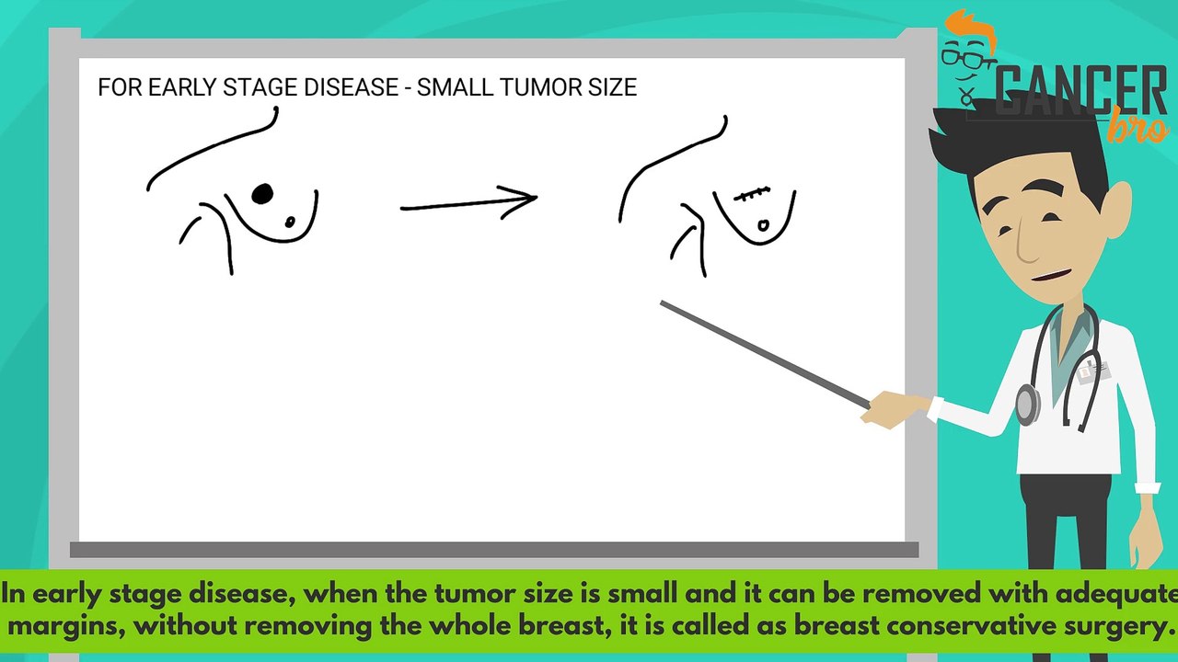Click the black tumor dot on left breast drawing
coord(262,194)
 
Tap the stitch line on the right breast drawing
coord(752,194)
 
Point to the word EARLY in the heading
coord(179,87)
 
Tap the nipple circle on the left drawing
coord(291,222)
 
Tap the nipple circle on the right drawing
coord(763,225)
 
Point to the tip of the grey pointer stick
coord(664,303)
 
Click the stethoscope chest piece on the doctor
coord(1027,402)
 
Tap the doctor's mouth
coord(1052,275)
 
